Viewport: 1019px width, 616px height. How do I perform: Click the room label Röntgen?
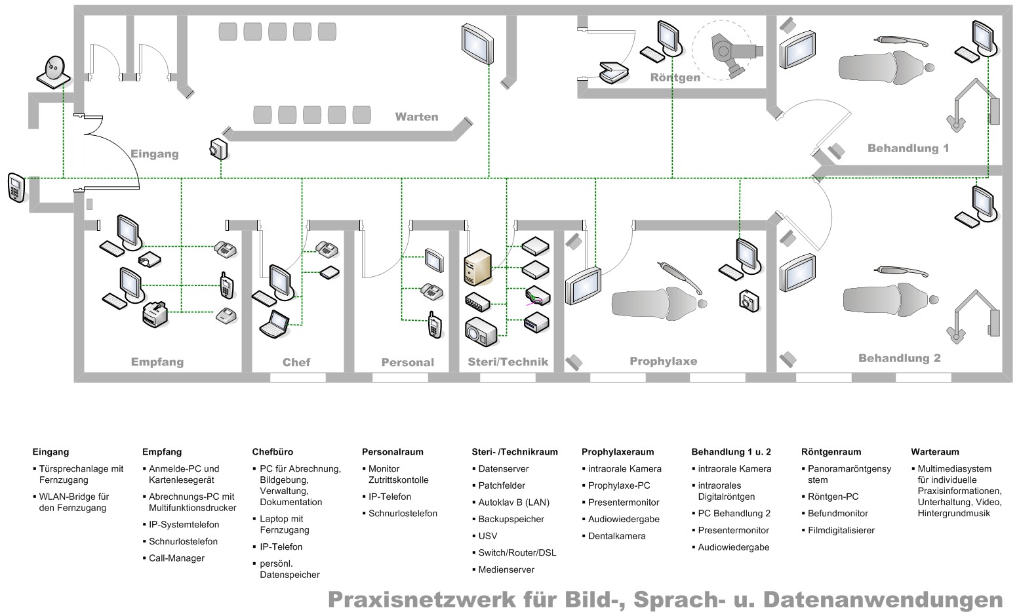coord(675,77)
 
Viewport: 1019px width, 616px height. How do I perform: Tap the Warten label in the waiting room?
coord(416,117)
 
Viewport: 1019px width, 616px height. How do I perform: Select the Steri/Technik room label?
coord(508,361)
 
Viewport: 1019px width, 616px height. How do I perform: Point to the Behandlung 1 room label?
coord(908,148)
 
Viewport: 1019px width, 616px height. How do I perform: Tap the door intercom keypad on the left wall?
coord(16,188)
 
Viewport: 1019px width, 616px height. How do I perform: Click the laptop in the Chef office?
coord(274,323)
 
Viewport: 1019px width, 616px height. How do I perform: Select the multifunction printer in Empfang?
coord(155,314)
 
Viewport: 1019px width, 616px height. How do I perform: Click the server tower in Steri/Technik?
coord(477,267)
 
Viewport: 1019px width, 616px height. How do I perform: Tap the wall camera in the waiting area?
coord(218,149)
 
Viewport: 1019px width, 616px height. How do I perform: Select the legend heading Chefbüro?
coord(272,452)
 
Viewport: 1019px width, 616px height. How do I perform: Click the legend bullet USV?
coord(487,536)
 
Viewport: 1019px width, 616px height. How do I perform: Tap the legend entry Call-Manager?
coord(176,558)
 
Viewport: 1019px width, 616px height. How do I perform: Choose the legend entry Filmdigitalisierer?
coord(841,530)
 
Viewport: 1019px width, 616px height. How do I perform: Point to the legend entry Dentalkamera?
coord(616,536)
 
